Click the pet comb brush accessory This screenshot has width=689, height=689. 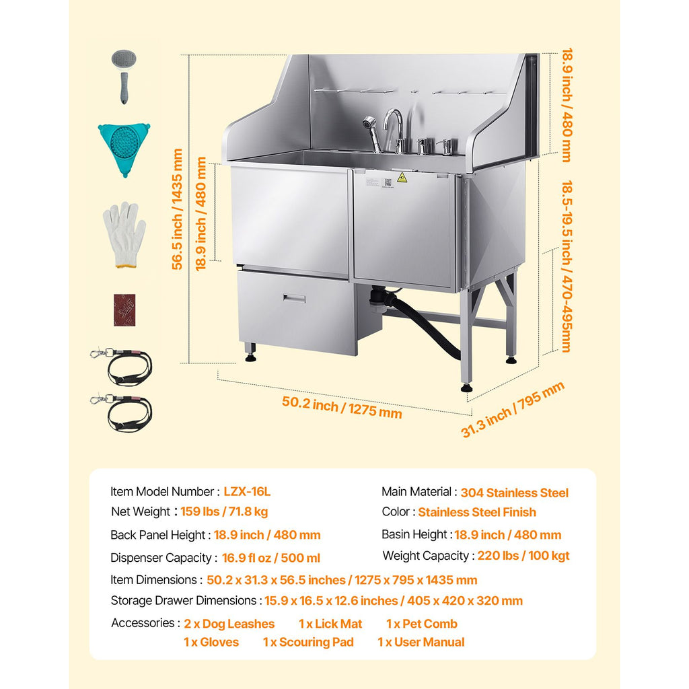[124, 75]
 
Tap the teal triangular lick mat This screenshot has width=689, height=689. [124, 147]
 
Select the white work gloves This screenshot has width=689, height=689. [124, 235]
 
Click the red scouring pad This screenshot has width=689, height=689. [124, 310]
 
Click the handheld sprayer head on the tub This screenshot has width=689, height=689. [369, 124]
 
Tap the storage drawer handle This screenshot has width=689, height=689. [294, 298]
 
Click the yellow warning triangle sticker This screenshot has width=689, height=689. [402, 178]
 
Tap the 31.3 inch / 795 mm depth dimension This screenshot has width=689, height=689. [512, 410]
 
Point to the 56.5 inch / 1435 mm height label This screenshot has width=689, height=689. [177, 209]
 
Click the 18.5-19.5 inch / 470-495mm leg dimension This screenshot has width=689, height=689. [567, 266]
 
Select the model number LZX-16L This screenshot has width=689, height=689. [247, 491]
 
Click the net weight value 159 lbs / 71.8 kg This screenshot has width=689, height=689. [224, 511]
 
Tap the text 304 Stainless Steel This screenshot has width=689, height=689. [514, 493]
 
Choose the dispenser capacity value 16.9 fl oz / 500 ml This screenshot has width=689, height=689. [270, 558]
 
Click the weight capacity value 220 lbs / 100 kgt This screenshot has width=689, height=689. [523, 555]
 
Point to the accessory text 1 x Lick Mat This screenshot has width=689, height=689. [330, 624]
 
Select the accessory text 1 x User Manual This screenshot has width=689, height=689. [421, 643]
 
